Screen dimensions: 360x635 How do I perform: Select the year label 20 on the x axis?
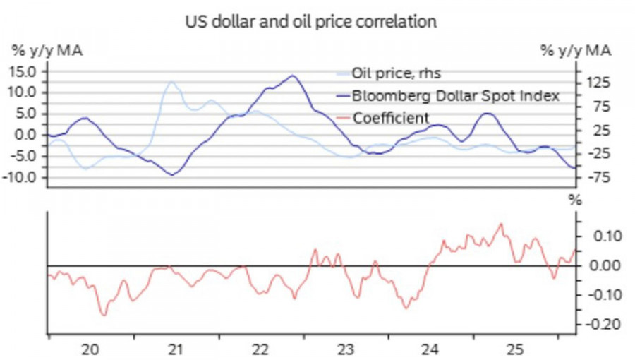click(90, 349)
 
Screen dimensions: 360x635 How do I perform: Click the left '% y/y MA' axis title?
click(44, 51)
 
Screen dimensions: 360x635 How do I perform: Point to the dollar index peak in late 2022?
click(292, 76)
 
